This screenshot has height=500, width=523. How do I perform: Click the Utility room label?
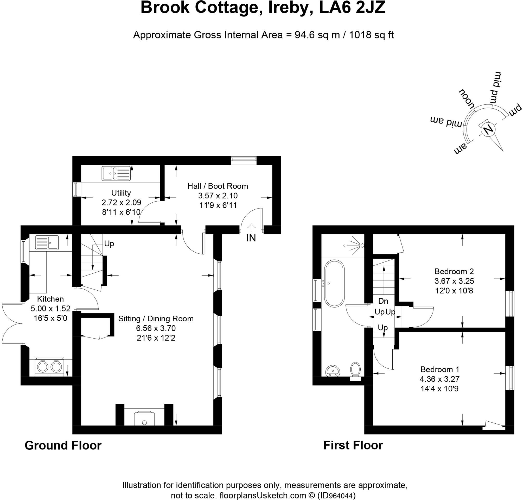point(121,193)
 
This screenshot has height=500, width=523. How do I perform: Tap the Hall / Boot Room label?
point(218,186)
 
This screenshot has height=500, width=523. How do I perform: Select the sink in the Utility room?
point(116,173)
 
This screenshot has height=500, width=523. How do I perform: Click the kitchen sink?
point(47,242)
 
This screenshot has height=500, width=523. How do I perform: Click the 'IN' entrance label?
point(251,238)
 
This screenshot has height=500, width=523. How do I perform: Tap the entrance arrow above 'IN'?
point(251,227)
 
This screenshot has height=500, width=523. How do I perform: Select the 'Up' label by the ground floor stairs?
point(109,243)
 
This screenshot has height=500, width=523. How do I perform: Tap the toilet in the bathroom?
point(355,369)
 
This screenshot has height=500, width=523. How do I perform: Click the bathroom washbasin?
point(333,371)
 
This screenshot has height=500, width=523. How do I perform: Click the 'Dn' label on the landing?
point(383,301)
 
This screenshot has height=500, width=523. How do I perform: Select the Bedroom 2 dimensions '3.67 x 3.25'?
point(454,281)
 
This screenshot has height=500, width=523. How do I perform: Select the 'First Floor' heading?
point(353,445)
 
